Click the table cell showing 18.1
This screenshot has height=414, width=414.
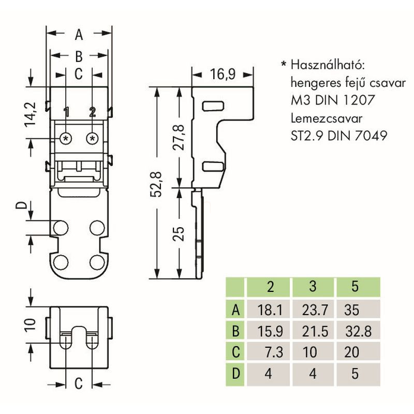pyautogui.click(x=270, y=310)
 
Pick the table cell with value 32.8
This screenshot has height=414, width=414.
pyautogui.click(x=357, y=331)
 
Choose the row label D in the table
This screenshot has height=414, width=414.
pyautogui.click(x=235, y=374)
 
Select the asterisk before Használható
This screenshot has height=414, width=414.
pyautogui.click(x=283, y=65)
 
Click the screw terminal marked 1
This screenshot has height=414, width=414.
pyautogui.click(x=66, y=138)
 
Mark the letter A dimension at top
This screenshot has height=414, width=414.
pyautogui.click(x=79, y=35)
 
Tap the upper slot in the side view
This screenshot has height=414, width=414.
pyautogui.click(x=211, y=106)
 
